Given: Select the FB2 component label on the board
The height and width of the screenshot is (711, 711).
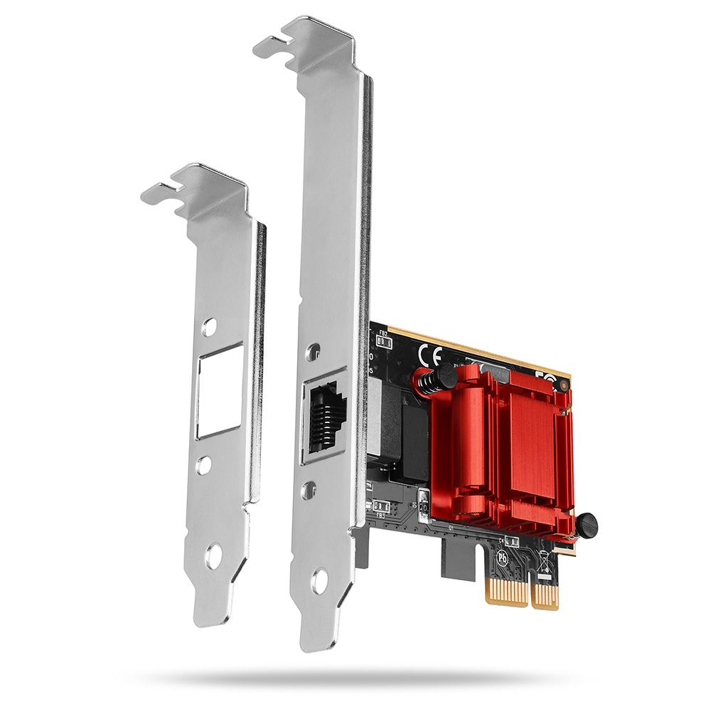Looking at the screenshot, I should click(383, 333).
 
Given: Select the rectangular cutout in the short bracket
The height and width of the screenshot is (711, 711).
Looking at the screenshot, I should click(220, 390).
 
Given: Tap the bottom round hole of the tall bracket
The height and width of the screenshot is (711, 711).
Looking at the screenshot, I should click(319, 580).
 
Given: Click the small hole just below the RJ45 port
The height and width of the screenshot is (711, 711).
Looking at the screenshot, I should click(309, 489).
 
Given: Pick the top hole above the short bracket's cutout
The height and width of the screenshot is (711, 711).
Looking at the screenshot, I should click(208, 327).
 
